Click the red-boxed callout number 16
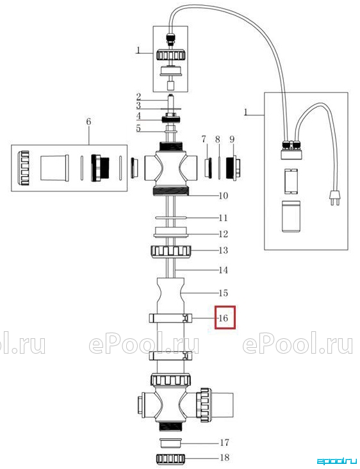coord(224,318)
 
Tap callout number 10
coord(224,196)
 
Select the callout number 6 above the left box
coord(88,122)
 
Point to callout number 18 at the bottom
coord(225,457)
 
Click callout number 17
coord(225,442)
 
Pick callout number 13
coord(224,250)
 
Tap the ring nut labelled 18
coord(171,458)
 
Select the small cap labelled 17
coord(171,443)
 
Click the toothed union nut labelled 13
coord(171,251)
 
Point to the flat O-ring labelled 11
coord(171,217)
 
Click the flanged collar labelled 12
coord(171,233)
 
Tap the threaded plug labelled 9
coord(234,168)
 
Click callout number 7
coord(204,139)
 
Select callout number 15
coord(224,293)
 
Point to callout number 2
coord(138,97)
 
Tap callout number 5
coord(138,128)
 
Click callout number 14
coord(224,270)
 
